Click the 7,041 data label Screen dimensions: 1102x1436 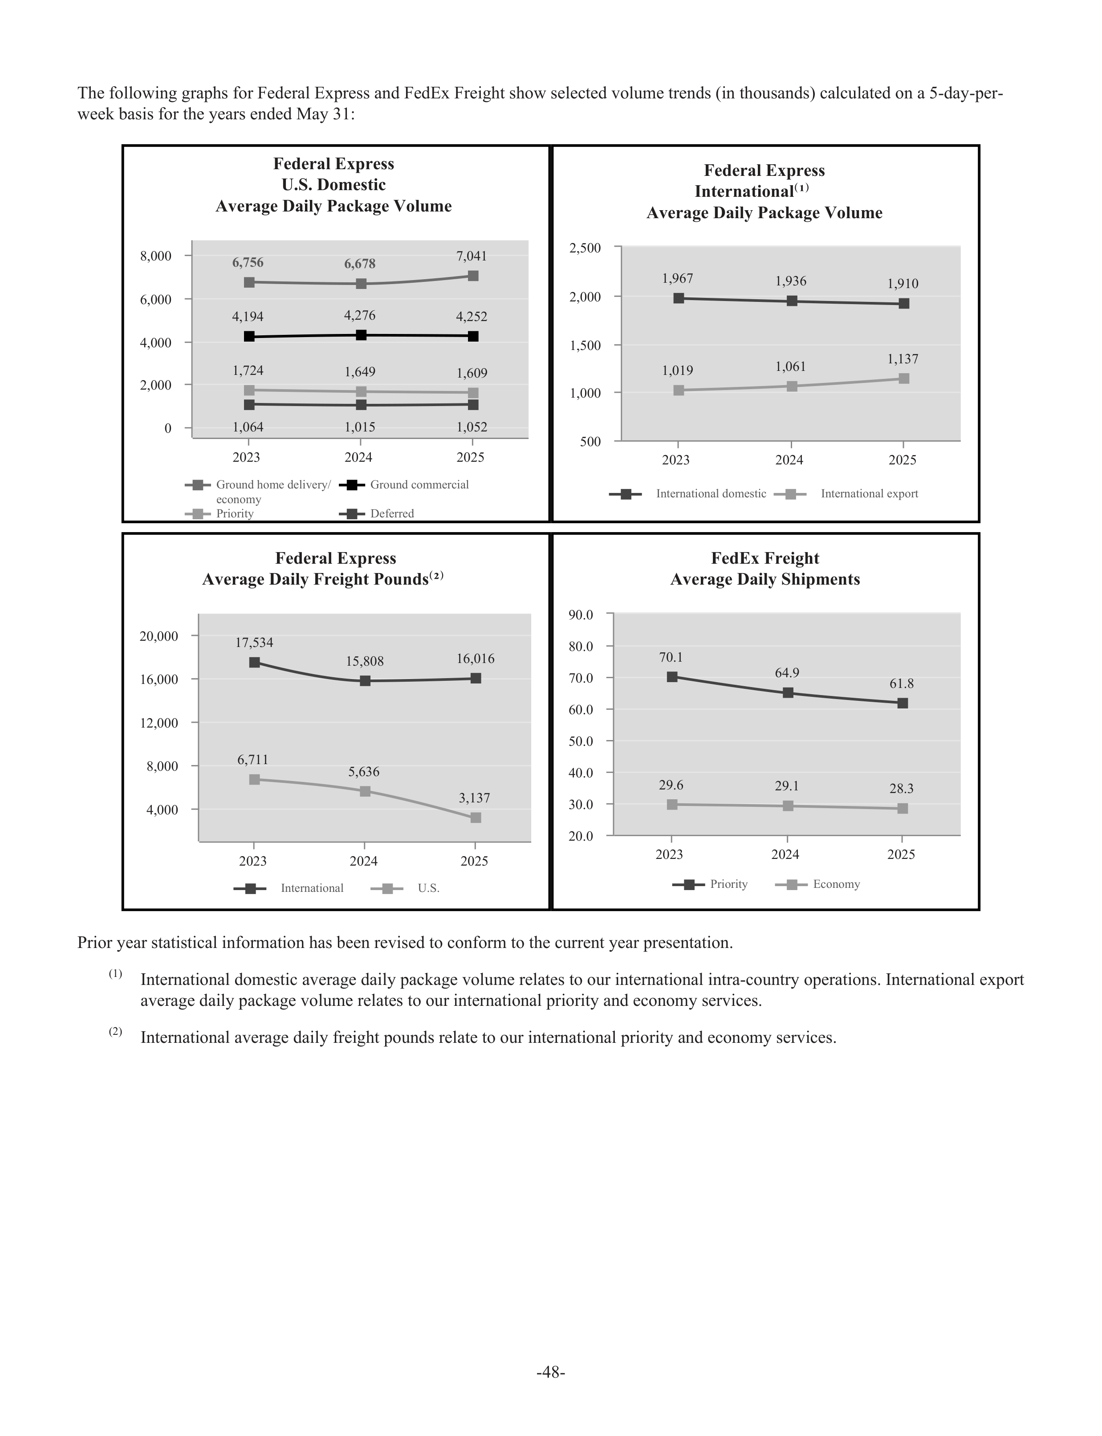(x=472, y=256)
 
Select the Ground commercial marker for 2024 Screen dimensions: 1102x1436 (x=361, y=335)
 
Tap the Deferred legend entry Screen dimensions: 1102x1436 (x=377, y=514)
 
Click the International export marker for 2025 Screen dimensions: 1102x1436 (x=903, y=378)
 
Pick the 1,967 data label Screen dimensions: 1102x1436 (x=678, y=279)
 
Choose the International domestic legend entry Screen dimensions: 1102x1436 (x=687, y=494)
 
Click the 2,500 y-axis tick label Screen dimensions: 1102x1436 (x=585, y=248)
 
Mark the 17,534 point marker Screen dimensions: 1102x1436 (x=255, y=663)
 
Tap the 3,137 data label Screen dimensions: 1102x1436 (x=474, y=798)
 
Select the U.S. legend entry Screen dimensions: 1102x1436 (x=405, y=888)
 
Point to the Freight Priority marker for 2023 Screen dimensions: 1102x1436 (x=672, y=677)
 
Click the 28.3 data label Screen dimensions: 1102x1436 (x=901, y=789)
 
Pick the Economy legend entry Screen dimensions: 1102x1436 (x=817, y=884)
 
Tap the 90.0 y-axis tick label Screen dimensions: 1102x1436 (x=581, y=615)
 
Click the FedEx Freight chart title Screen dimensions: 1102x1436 (x=765, y=569)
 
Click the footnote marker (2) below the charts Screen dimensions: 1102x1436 (x=115, y=1032)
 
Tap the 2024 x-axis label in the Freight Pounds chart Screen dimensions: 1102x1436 (x=363, y=861)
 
